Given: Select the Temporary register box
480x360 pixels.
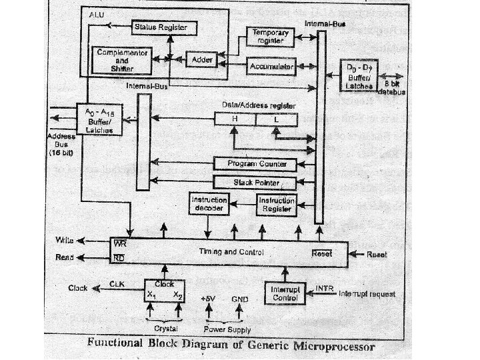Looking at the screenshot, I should pos(269,36).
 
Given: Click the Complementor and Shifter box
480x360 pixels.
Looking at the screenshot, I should pos(121,59).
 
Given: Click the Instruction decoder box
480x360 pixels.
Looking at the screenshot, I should pos(209,205).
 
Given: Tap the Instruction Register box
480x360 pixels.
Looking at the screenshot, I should pos(276,205).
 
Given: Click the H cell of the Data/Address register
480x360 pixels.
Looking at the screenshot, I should pos(235,119).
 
